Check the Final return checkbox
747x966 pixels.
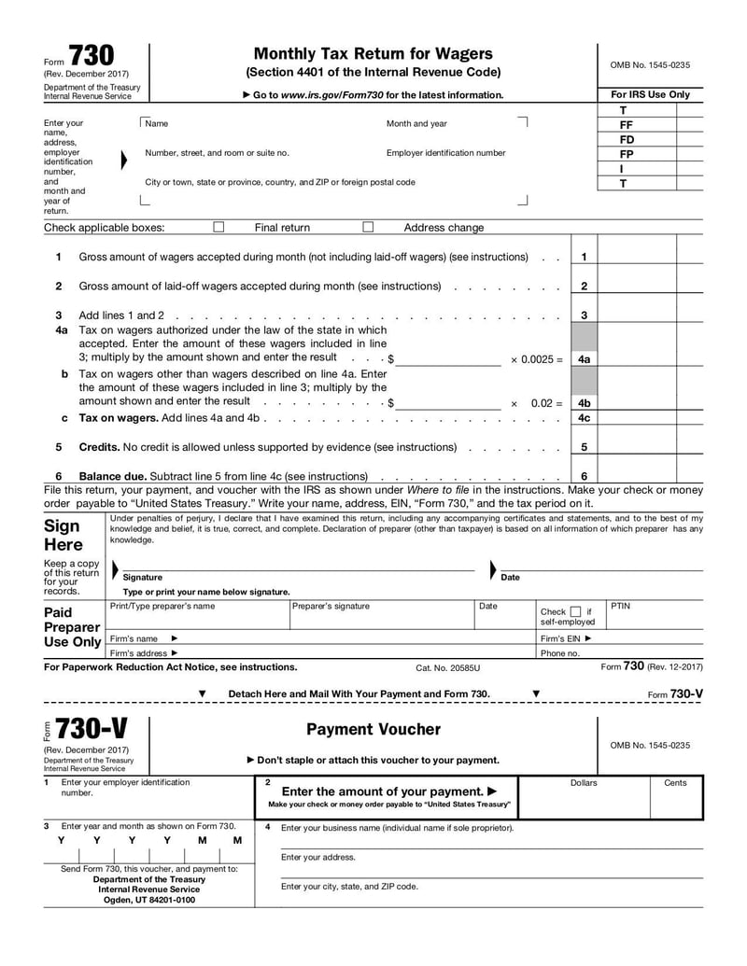pos(218,227)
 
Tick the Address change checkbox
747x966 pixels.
pos(368,227)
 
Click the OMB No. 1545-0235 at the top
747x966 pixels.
pos(650,64)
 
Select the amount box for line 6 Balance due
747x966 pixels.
pos(637,476)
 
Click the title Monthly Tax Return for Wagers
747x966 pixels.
pos(373,53)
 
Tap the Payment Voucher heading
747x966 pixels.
pos(373,729)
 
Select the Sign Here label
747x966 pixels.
pos(63,535)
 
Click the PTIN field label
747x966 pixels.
pos(621,607)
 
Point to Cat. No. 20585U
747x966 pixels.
pos(447,668)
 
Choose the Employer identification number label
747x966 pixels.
pos(445,153)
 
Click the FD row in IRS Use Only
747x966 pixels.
pos(627,139)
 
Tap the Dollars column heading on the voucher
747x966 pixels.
pos(584,783)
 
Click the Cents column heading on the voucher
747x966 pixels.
pos(675,783)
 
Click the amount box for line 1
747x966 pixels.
pos(637,257)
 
